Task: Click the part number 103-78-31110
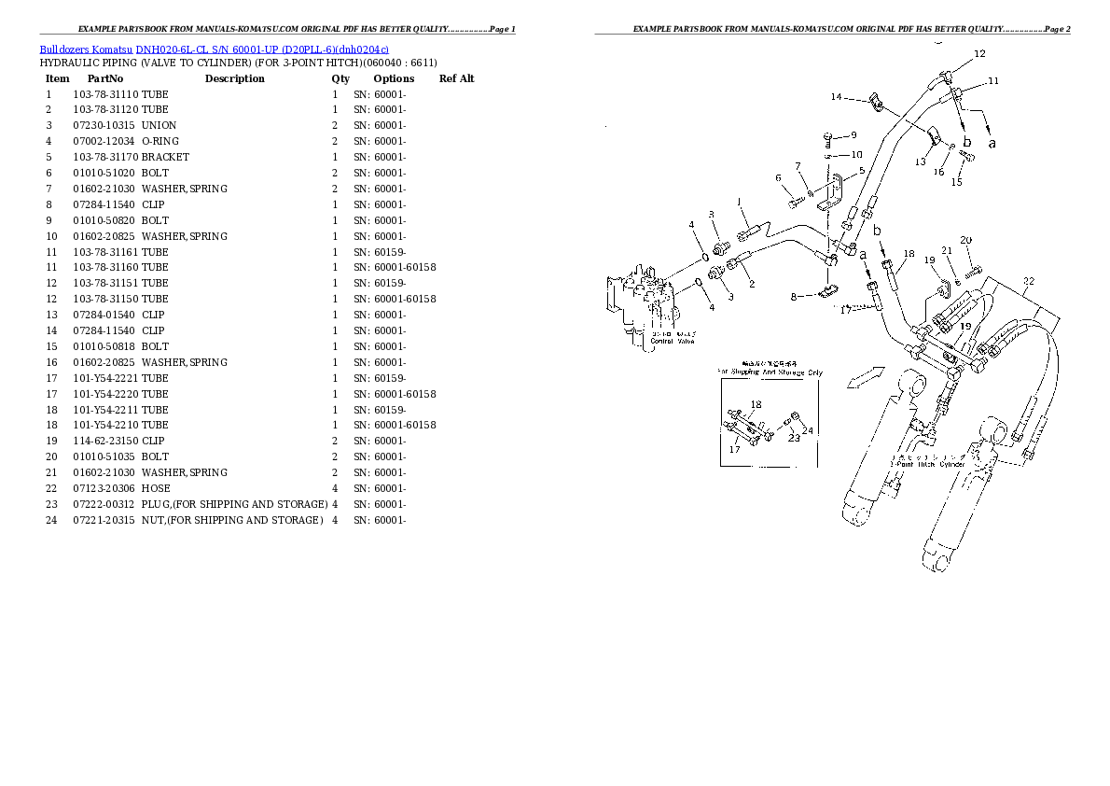tap(105, 94)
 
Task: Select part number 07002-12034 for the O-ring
tap(105, 141)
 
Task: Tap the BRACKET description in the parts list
tap(165, 157)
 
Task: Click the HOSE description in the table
tap(156, 488)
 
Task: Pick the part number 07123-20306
tap(105, 488)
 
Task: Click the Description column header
tap(234, 78)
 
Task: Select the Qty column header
tap(340, 78)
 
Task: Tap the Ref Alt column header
tap(456, 78)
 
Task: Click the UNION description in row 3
tap(159, 125)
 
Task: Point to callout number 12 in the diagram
tap(979, 54)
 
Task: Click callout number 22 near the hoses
tap(1028, 281)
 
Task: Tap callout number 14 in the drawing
tap(836, 97)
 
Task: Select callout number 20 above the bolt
tap(966, 240)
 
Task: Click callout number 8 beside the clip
tap(795, 297)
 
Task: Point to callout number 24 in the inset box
tap(808, 430)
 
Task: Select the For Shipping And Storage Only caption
tap(770, 372)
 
